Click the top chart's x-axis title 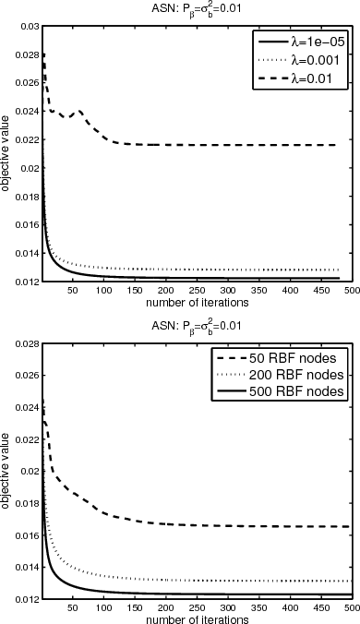pyautogui.click(x=198, y=275)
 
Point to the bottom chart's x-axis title pyautogui.click(x=198, y=618)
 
